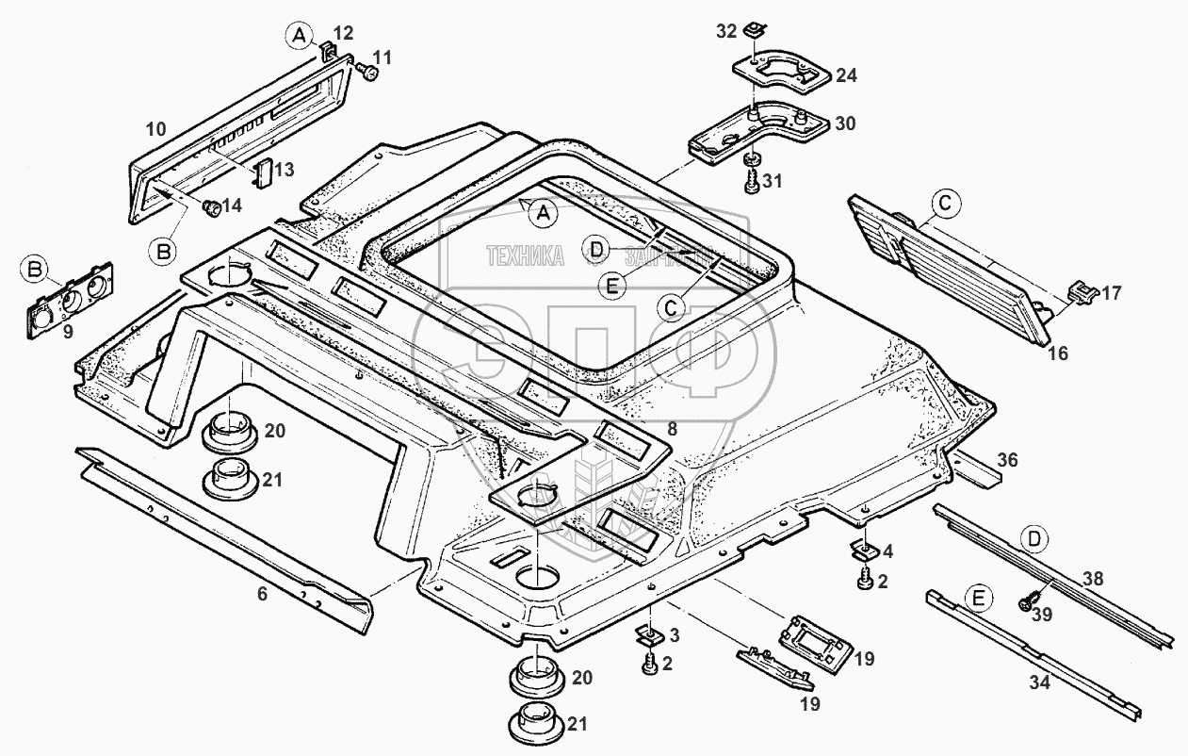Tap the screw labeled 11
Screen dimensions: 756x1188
pos(369,73)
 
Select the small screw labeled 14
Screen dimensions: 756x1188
pos(211,206)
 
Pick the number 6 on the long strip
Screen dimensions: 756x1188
pos(262,595)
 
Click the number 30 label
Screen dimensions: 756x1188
pos(845,124)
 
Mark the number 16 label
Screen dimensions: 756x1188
pos(1058,353)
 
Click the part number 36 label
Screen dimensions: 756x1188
pos(1008,461)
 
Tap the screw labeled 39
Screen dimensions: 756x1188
pos(1030,600)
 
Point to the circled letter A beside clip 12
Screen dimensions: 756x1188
pos(299,36)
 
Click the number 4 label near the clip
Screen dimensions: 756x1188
pos(888,550)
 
